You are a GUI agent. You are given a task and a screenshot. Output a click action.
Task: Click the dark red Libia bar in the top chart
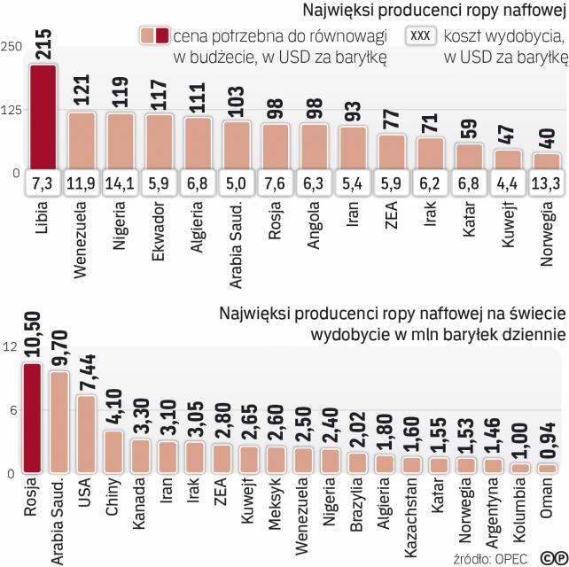[x=43, y=115]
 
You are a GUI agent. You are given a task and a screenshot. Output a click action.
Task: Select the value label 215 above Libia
[x=43, y=41]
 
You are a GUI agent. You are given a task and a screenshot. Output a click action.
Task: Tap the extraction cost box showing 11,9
[x=82, y=183]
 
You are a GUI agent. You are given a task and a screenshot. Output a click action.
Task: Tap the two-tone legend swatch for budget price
[x=154, y=35]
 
